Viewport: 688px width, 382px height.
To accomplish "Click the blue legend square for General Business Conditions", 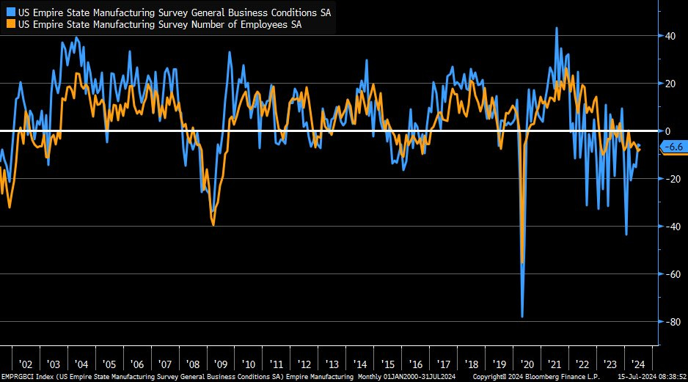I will [9, 12].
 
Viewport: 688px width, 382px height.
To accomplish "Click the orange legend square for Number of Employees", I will [9, 24].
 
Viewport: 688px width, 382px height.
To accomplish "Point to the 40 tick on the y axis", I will [670, 36].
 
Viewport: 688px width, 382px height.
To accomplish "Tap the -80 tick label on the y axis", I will [670, 321].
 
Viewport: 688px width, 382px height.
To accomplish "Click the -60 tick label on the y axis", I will [670, 273].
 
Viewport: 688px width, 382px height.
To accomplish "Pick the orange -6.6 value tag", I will [673, 147].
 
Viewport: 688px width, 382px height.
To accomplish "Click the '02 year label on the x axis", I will [26, 364].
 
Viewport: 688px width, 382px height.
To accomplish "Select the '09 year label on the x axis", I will [220, 364].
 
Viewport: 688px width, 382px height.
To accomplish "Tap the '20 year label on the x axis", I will [527, 364].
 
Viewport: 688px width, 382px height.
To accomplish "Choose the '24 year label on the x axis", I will [638, 364].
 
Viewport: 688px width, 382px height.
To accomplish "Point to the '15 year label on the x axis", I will [387, 364].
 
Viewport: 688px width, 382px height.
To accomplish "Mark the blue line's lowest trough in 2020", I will [522, 317].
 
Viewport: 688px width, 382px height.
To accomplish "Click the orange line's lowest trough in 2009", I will [213, 224].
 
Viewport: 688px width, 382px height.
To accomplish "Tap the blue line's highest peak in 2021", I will [557, 28].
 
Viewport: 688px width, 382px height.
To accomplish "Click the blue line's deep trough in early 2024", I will [626, 235].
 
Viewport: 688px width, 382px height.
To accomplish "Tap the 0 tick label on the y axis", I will [667, 131].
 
